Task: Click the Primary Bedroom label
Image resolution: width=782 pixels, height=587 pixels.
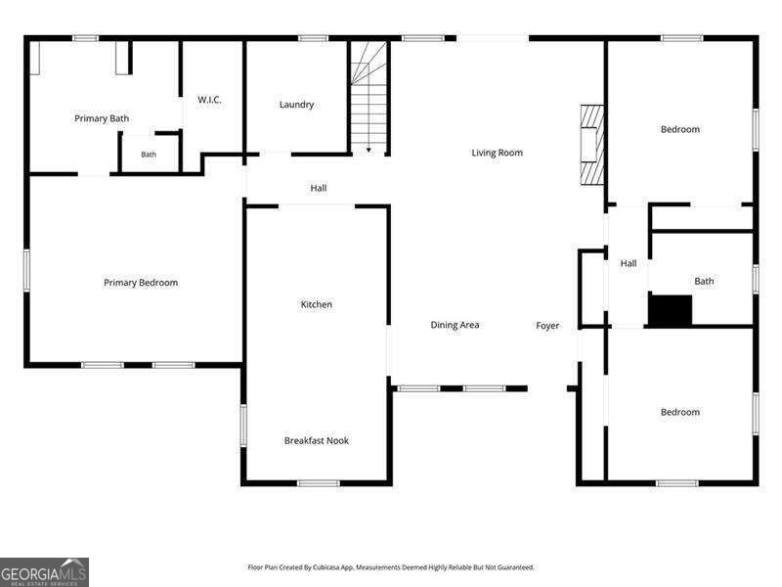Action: [141, 283]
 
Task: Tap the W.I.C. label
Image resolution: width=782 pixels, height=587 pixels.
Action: [209, 100]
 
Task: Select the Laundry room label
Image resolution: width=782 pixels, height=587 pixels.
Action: [297, 105]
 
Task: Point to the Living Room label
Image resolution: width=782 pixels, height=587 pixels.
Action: [498, 153]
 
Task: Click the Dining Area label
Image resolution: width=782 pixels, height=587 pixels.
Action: [455, 325]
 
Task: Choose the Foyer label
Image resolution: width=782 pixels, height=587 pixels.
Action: [547, 326]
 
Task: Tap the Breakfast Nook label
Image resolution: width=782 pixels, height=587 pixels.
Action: [317, 441]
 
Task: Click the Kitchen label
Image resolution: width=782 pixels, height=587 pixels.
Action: [316, 304]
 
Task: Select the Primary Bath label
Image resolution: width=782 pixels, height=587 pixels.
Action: [102, 118]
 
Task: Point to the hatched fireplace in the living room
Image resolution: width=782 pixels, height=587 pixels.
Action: [592, 145]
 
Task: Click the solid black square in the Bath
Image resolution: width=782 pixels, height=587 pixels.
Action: [671, 310]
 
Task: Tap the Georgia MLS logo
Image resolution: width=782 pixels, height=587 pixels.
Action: [44, 572]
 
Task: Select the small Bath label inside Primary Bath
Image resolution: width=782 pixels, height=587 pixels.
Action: [149, 155]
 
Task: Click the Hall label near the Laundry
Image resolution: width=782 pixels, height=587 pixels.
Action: [319, 188]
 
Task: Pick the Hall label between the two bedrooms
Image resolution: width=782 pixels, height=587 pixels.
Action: [629, 263]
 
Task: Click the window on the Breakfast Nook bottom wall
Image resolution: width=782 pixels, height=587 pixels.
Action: [319, 483]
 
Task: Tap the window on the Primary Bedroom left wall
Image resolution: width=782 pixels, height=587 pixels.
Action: [27, 271]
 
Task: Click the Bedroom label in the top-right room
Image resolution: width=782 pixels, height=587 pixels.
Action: [680, 130]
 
